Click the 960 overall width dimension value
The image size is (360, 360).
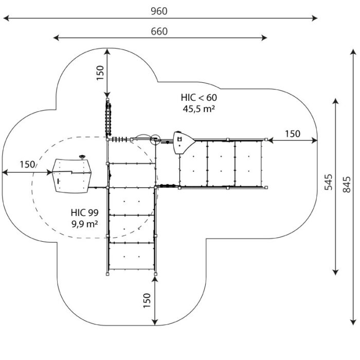tap(159, 11)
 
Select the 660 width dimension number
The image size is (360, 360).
tap(159, 31)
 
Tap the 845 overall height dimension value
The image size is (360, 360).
tap(347, 184)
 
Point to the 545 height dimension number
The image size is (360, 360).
tap(329, 182)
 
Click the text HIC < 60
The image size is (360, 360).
tap(199, 98)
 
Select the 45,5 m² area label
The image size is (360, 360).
tap(199, 109)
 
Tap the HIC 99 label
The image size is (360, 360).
tap(85, 212)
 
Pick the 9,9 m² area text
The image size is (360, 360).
tap(85, 224)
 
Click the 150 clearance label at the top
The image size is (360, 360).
tap(100, 73)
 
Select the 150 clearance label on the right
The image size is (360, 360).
tap(293, 134)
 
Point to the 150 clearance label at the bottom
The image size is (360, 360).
tap(147, 300)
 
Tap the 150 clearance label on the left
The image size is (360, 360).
tap(27, 165)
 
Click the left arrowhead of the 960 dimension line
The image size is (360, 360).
tap(6, 18)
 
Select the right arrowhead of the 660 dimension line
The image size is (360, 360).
tap(264, 38)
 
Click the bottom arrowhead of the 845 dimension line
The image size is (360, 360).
tap(353, 322)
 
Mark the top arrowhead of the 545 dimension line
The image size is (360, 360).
tap(336, 101)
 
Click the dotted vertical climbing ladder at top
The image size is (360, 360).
tap(108, 119)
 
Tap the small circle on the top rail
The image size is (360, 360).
tap(155, 139)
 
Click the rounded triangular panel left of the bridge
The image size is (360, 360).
tap(183, 143)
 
